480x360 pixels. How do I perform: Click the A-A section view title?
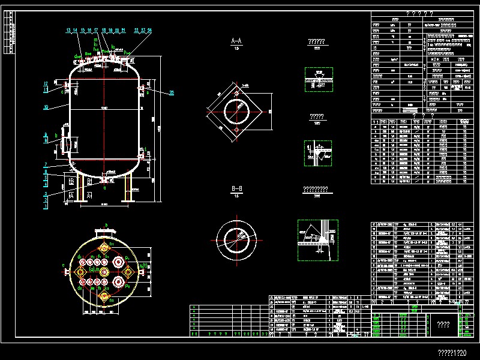pos(236,41)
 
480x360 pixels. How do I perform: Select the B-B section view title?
pos(236,190)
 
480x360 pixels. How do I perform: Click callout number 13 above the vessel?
pos(68,30)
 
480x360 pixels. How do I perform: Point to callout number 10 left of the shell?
pos(46,108)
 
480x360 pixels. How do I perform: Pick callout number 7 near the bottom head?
pos(46,164)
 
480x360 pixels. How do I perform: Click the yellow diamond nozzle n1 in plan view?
pos(104,248)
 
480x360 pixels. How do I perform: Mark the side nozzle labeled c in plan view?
pos(65,272)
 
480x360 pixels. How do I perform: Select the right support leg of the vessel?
pos(128,189)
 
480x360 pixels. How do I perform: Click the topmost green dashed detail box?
pos(319,79)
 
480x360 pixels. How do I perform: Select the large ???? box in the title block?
pos(443,325)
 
